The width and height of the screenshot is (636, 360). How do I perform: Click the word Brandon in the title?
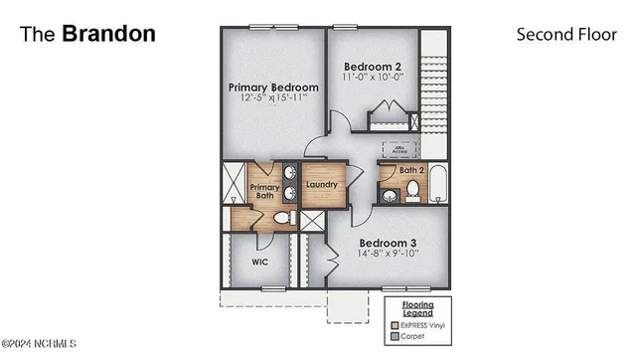click(108, 33)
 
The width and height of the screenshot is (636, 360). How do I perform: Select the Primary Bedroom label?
click(273, 88)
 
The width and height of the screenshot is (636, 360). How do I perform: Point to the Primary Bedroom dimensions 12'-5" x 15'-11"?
click(273, 99)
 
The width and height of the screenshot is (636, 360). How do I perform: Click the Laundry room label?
click(323, 185)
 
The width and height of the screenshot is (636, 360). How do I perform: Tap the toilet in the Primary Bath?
click(281, 218)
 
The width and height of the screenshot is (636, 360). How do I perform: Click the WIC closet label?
click(259, 263)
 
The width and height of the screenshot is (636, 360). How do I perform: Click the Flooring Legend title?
click(417, 308)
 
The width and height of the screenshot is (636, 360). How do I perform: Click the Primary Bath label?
click(264, 191)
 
